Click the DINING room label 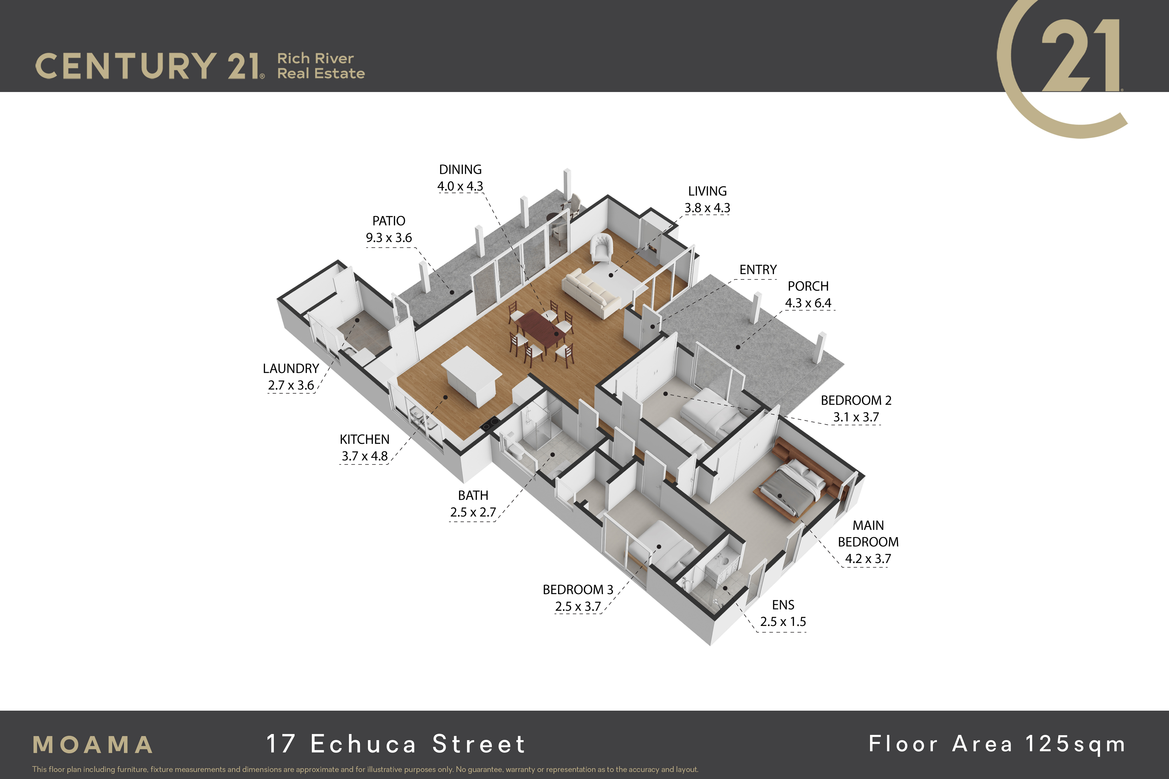460,169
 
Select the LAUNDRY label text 291,369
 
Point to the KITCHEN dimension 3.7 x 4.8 364,456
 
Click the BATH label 473,495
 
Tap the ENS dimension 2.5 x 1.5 783,622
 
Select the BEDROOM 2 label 856,400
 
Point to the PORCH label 808,286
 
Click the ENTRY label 758,270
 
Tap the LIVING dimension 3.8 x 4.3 707,208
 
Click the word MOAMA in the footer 93,745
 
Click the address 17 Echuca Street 396,744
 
